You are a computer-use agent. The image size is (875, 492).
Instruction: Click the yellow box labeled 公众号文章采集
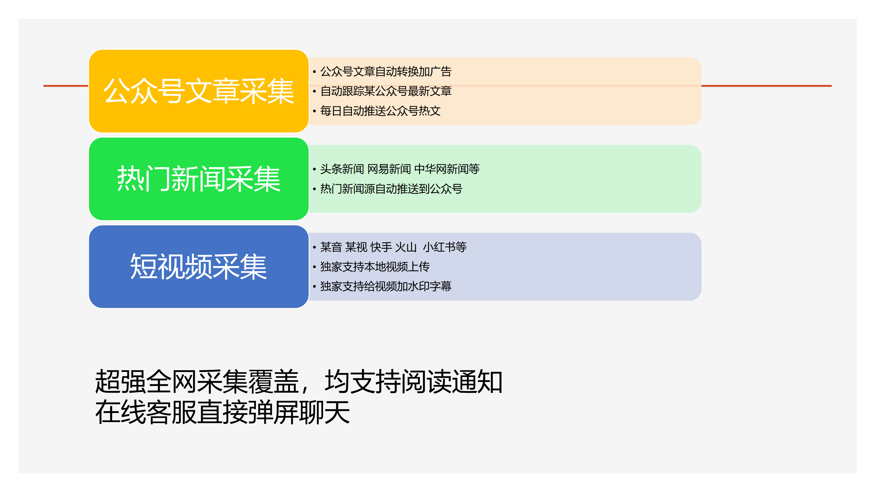coord(199,91)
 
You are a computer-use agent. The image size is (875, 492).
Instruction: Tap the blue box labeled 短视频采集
coord(199,266)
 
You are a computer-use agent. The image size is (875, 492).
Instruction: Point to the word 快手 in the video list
coord(381,247)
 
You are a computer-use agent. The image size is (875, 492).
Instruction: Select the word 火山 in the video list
coord(406,247)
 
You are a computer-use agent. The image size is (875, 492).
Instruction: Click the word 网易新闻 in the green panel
coord(389,169)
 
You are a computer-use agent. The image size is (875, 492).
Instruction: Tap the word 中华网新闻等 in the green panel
coord(447,169)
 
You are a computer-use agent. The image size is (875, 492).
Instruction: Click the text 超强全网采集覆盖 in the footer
coord(197,382)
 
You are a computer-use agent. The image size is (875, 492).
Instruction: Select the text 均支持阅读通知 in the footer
coord(413,382)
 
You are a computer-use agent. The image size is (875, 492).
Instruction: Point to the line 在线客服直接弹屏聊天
coord(222,412)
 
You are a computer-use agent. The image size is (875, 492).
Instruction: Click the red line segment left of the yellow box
coord(66,86)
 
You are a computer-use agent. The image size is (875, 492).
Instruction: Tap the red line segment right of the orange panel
coord(767,86)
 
